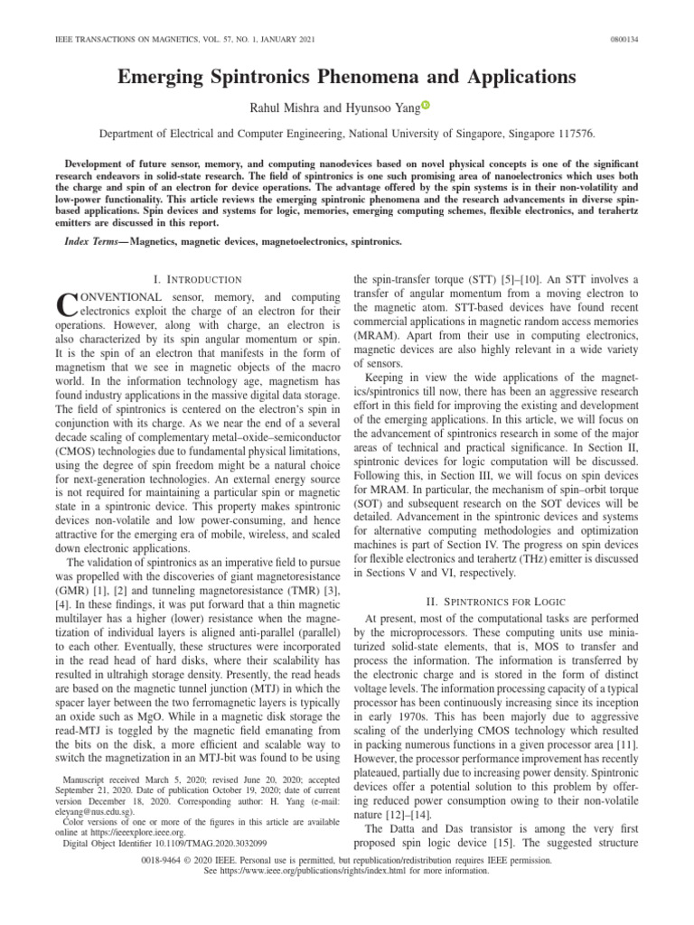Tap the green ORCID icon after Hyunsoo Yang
click(427, 106)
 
